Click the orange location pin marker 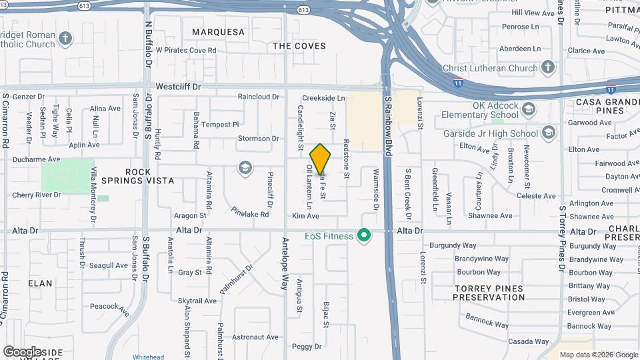[321, 159]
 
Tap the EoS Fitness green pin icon [363, 235]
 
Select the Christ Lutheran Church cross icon [547, 67]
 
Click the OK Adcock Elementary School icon [529, 109]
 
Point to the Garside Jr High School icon [548, 133]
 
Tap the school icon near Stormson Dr [245, 168]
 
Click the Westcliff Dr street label [178, 87]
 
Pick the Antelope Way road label [285, 264]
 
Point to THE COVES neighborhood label [299, 46]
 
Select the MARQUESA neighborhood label [218, 32]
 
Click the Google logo [22, 351]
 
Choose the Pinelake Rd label [250, 213]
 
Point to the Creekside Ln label [323, 98]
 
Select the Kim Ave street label [305, 216]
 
